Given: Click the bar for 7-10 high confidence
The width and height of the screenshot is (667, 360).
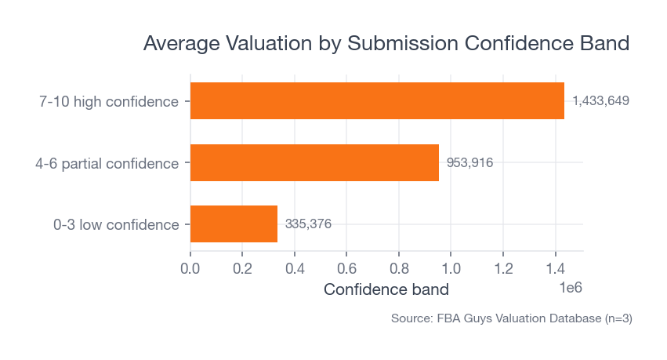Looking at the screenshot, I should coord(377,101).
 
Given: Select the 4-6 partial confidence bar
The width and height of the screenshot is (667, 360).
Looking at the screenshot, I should coord(314,162).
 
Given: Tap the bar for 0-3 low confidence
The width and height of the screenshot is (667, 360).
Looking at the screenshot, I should coord(234,224).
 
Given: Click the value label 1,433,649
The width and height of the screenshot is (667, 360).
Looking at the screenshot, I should coord(600,101).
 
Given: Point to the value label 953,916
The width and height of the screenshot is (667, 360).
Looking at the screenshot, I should coord(469,162).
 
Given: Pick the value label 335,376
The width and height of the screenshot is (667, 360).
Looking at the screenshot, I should coord(308,224).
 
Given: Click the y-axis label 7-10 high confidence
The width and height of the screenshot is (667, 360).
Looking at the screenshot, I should coord(109,101).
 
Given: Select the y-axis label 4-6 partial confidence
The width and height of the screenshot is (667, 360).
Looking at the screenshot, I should coord(107,163).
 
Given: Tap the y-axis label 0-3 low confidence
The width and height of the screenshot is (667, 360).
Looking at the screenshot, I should coord(116,224).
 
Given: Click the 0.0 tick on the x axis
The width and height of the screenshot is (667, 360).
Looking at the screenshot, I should coord(190,267).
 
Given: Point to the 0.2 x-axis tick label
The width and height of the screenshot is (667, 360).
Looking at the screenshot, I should coord(242,267).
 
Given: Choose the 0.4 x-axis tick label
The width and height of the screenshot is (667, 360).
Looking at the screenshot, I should coord(295,267).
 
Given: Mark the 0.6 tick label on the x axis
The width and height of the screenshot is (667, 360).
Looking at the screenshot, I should coord(346,267).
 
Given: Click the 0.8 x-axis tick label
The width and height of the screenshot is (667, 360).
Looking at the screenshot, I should coord(399,267).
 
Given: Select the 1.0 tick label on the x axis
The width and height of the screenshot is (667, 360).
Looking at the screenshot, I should coord(451,267).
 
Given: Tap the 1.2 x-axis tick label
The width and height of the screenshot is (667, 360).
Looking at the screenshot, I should coord(503,267).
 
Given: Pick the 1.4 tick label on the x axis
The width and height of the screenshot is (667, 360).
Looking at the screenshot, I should coord(555,267).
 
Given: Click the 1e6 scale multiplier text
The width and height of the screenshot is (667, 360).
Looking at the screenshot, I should coord(570,288).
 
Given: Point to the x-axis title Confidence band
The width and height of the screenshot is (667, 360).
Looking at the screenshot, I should coord(386,289).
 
